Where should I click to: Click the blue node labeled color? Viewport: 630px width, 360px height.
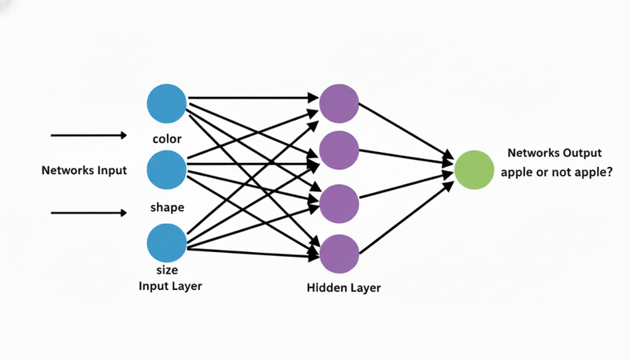[167, 103]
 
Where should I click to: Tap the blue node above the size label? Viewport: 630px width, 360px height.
[167, 243]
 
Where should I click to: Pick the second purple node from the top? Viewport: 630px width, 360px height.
[339, 149]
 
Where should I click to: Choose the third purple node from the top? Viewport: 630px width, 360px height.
[339, 202]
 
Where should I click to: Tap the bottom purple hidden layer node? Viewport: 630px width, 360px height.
[339, 254]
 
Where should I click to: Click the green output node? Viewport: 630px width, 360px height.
[475, 169]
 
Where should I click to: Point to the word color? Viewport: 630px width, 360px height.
[167, 139]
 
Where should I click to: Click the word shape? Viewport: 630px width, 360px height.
[167, 208]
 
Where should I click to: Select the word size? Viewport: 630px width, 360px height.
[168, 270]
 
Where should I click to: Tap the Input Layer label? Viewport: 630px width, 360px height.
[170, 285]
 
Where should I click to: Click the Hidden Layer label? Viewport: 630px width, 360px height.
[343, 288]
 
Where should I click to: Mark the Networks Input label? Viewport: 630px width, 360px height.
[84, 169]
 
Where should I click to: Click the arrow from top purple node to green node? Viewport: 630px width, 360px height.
[406, 132]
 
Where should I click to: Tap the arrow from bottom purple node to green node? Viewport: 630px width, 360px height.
[406, 218]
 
